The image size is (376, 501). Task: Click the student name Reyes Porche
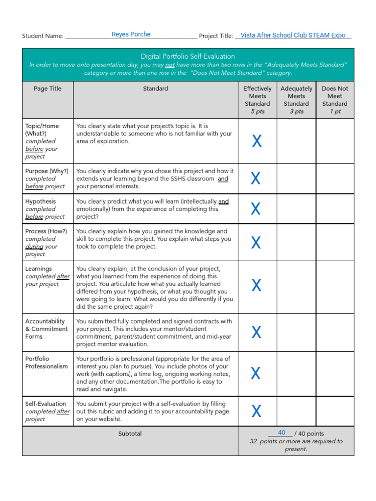click(131, 34)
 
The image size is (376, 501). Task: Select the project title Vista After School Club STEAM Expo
click(293, 35)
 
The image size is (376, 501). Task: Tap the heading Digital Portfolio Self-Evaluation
click(188, 56)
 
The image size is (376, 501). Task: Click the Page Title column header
click(47, 89)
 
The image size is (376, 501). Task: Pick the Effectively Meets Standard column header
click(257, 99)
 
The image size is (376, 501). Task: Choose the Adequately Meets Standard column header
click(296, 99)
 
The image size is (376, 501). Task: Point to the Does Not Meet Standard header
click(335, 99)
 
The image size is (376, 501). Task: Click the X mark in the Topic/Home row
click(257, 141)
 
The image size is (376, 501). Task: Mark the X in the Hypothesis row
click(256, 209)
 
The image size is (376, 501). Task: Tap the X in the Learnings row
click(257, 285)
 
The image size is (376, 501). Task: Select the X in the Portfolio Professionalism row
click(256, 373)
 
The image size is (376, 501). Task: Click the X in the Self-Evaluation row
click(257, 411)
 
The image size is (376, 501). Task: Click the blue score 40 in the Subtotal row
click(282, 433)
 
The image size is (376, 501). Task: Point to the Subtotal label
click(130, 433)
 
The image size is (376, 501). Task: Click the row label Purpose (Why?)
click(47, 171)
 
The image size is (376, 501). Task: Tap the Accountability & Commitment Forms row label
click(47, 329)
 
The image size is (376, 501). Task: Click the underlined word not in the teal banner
click(169, 65)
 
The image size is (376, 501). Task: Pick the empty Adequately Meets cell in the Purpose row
click(297, 179)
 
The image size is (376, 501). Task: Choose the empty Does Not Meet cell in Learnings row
click(335, 287)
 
